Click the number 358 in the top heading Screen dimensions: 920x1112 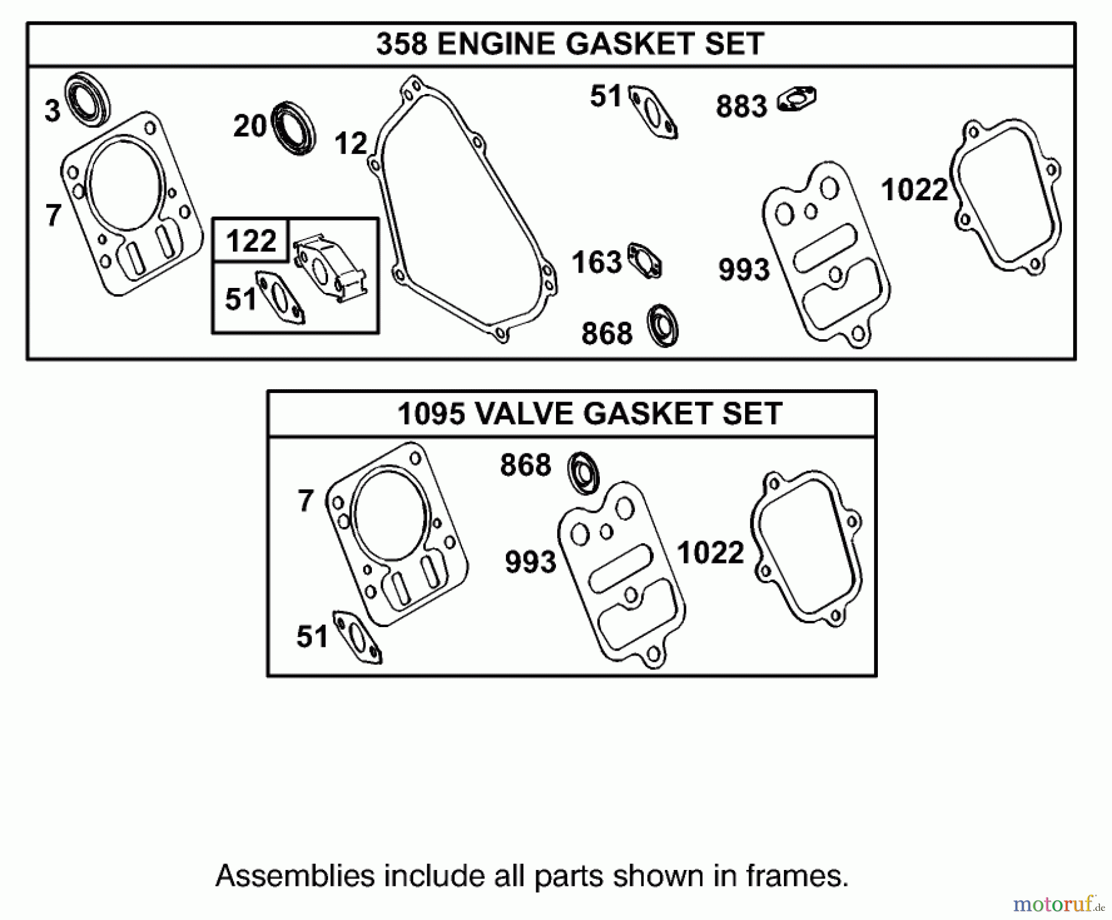[x=401, y=44]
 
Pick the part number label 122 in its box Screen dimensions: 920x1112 [x=250, y=240]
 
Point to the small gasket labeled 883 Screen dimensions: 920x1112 [x=798, y=99]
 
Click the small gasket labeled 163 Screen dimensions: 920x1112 [x=644, y=260]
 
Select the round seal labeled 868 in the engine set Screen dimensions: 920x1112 [x=662, y=326]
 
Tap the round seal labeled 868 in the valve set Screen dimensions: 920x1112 [x=583, y=473]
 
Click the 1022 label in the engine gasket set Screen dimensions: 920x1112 [x=914, y=190]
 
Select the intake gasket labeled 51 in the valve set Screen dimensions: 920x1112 [x=357, y=637]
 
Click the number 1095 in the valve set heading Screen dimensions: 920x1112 [x=430, y=414]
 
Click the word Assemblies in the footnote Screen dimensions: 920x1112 [x=295, y=876]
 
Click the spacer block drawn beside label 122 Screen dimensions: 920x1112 [x=331, y=269]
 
